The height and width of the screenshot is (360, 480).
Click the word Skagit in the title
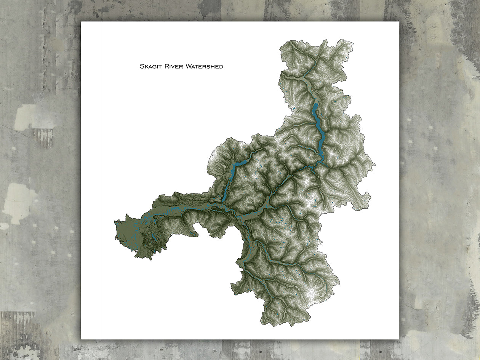click(x=151, y=67)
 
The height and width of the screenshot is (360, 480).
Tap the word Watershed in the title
click(x=205, y=67)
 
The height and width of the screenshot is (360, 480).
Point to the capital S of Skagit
click(x=142, y=67)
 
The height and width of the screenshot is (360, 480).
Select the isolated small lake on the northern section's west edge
click(x=293, y=109)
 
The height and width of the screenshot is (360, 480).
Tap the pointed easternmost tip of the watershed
click(x=375, y=165)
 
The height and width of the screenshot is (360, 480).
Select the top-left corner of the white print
click(x=81, y=22)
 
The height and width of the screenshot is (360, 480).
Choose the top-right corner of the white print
click(x=399, y=22)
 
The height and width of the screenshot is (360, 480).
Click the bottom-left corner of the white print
click(x=81, y=339)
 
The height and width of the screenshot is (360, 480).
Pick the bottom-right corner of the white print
click(x=399, y=339)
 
